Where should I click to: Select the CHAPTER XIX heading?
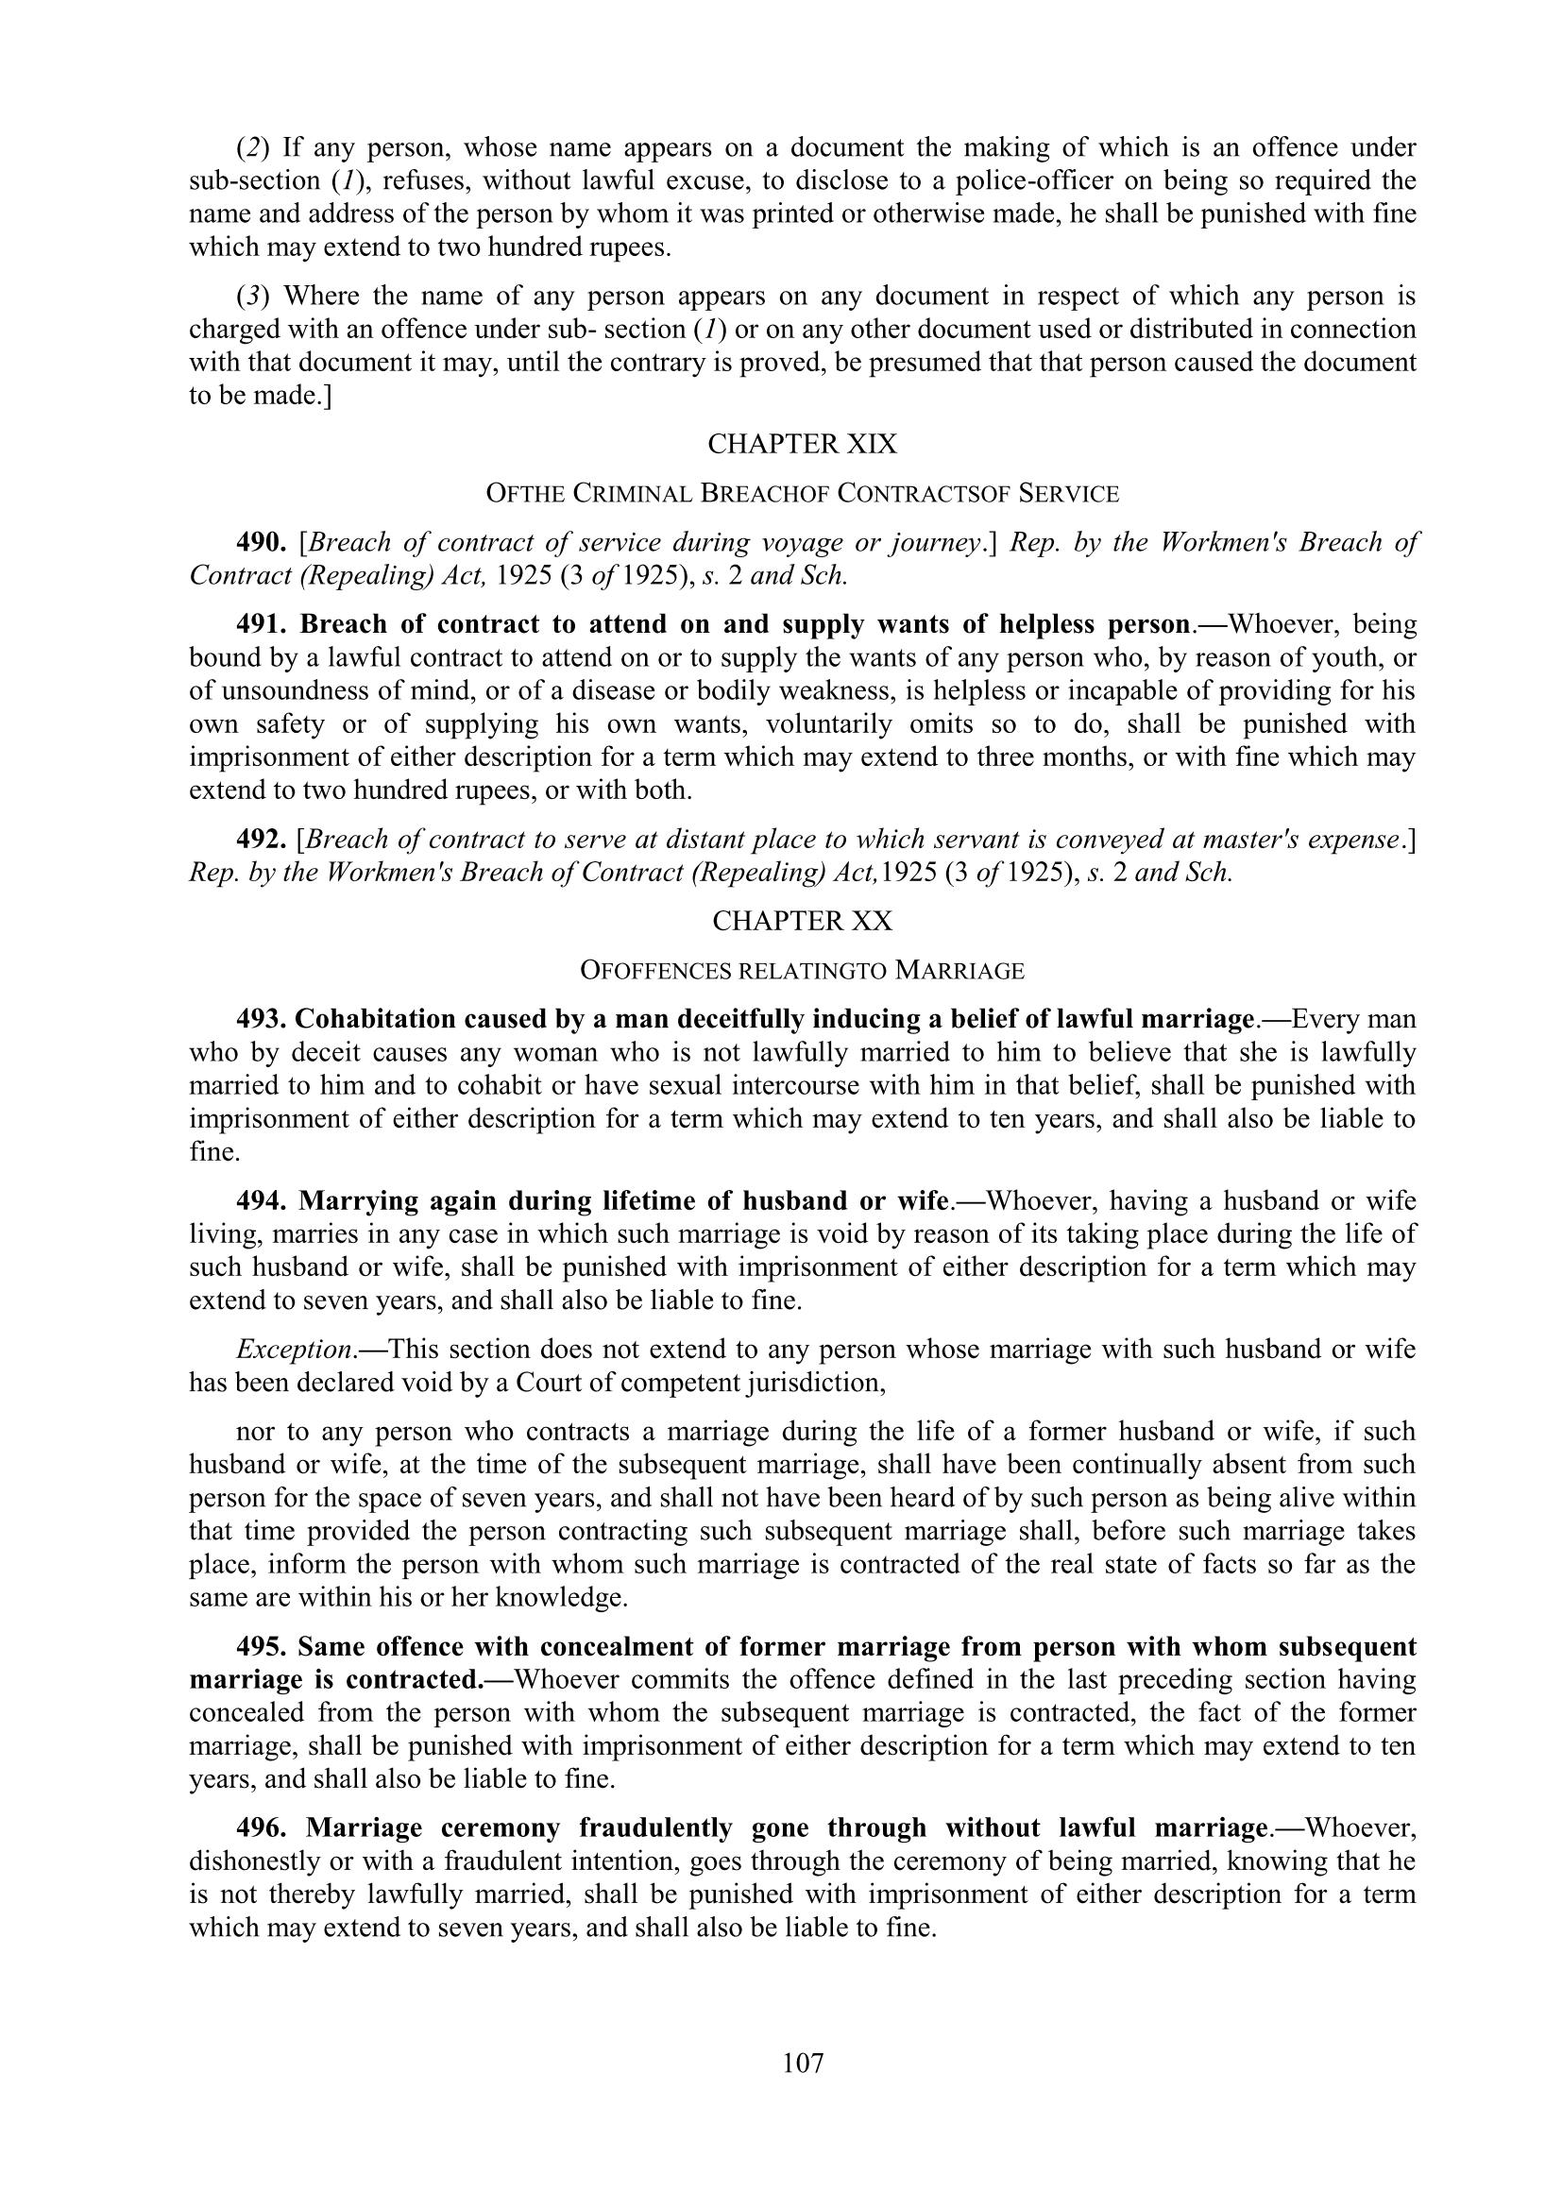pos(802,444)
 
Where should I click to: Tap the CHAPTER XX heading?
pos(802,921)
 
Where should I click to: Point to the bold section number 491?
pos(262,624)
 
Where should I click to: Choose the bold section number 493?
pos(262,1018)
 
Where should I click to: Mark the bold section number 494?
pos(262,1200)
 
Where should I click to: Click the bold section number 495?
pos(262,1646)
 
